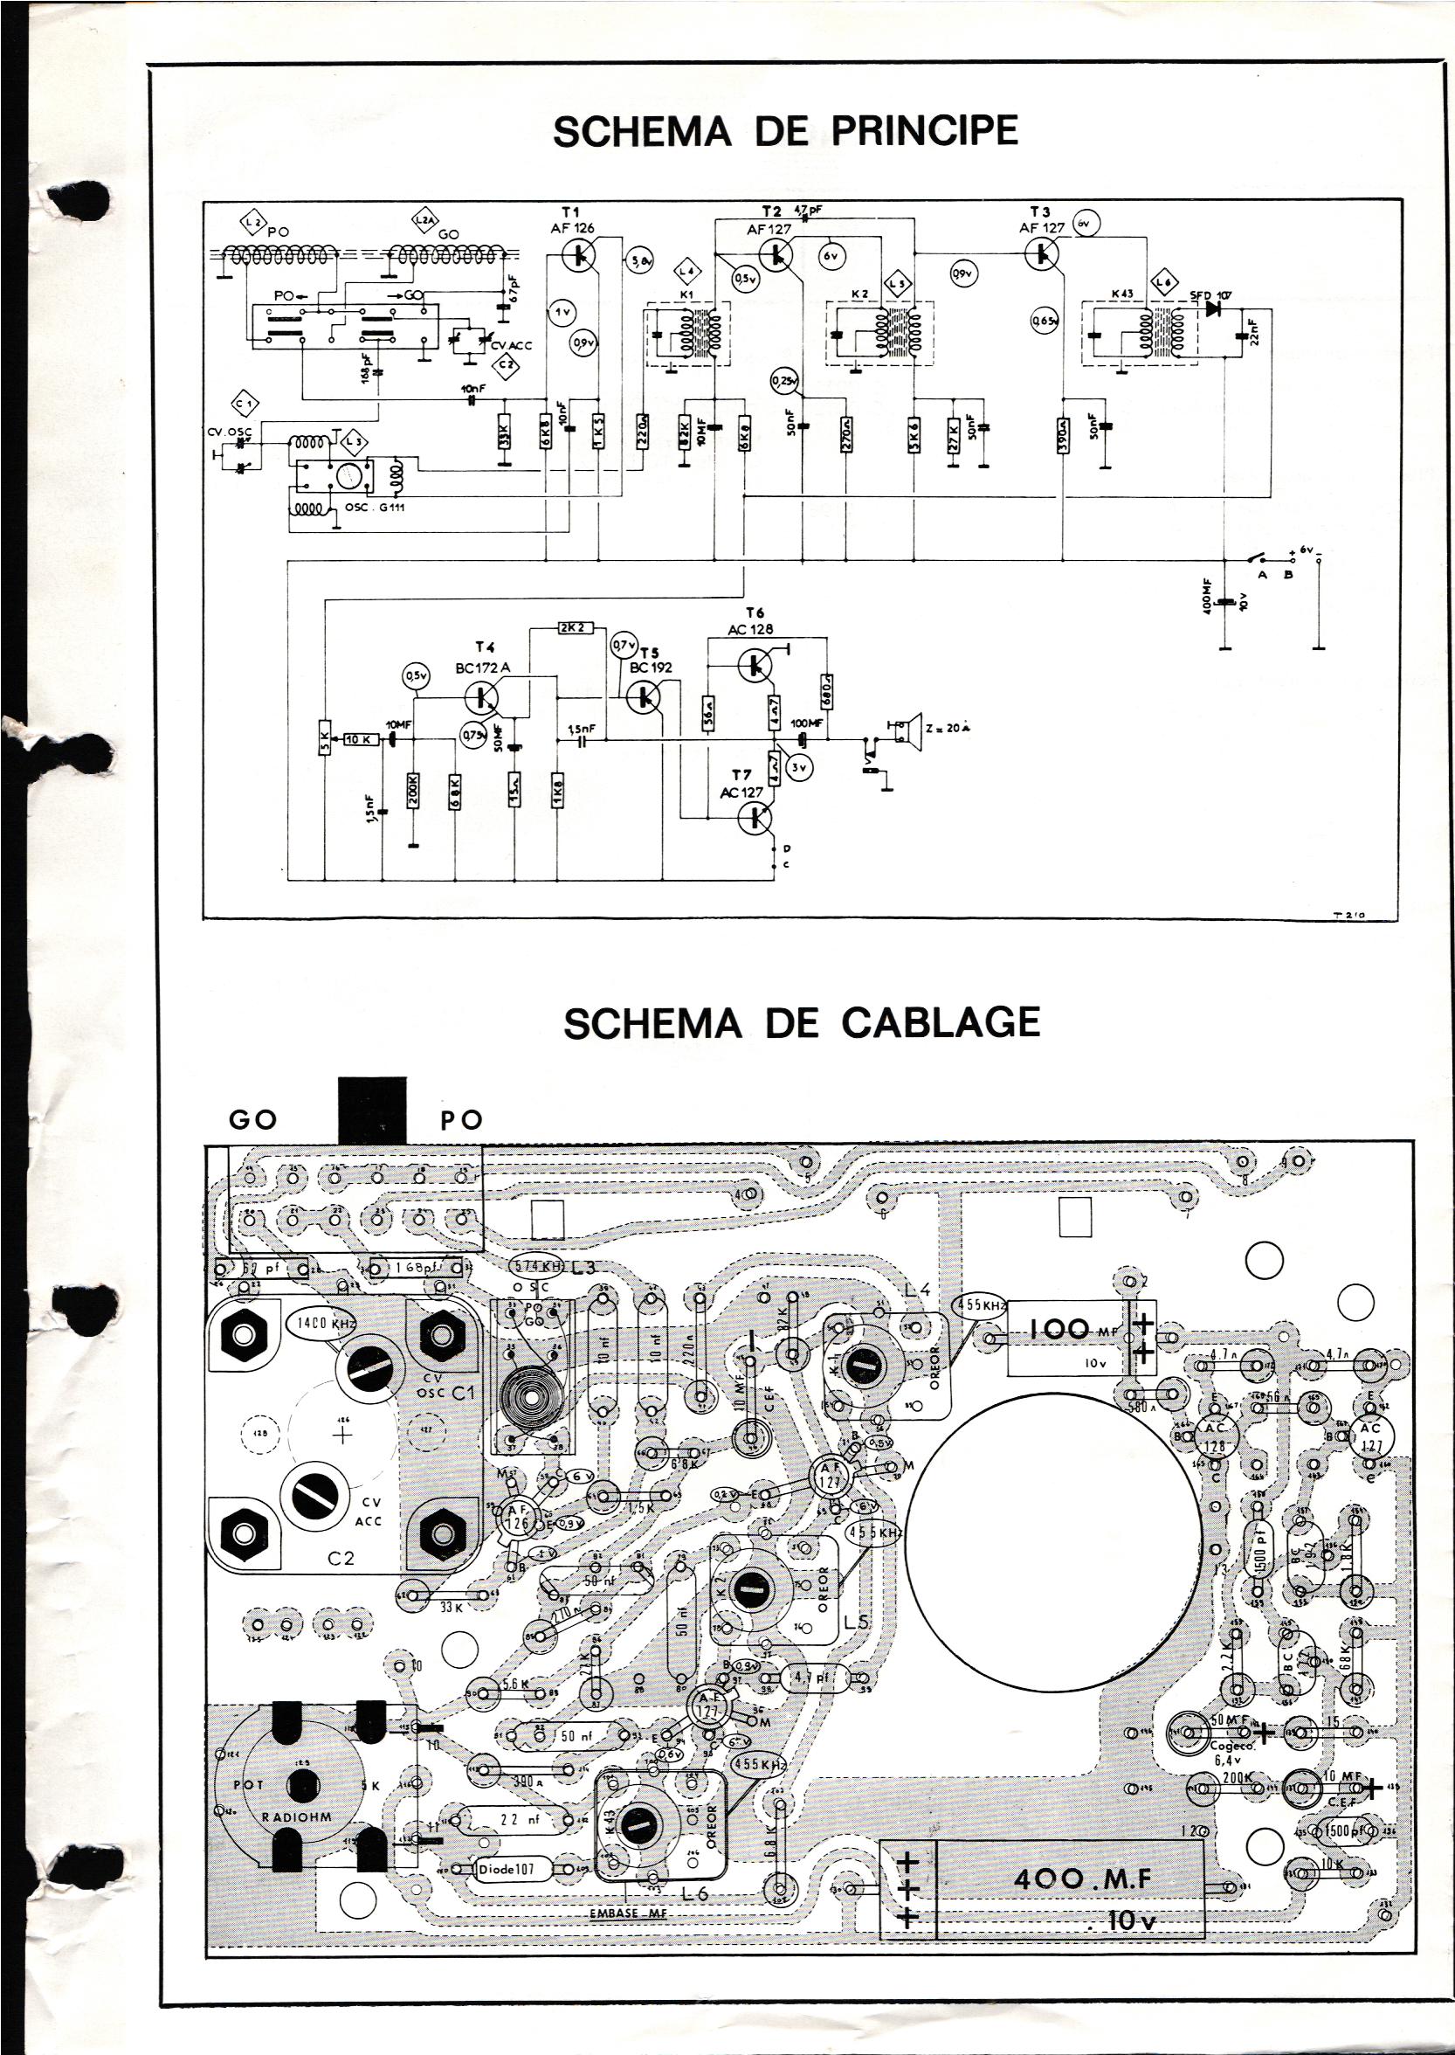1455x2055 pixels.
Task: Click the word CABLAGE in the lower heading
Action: click(x=941, y=1022)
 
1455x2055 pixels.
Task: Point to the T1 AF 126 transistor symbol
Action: click(x=581, y=255)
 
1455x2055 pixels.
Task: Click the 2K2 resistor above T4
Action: click(x=570, y=628)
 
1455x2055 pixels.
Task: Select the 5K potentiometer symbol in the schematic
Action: click(x=324, y=739)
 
